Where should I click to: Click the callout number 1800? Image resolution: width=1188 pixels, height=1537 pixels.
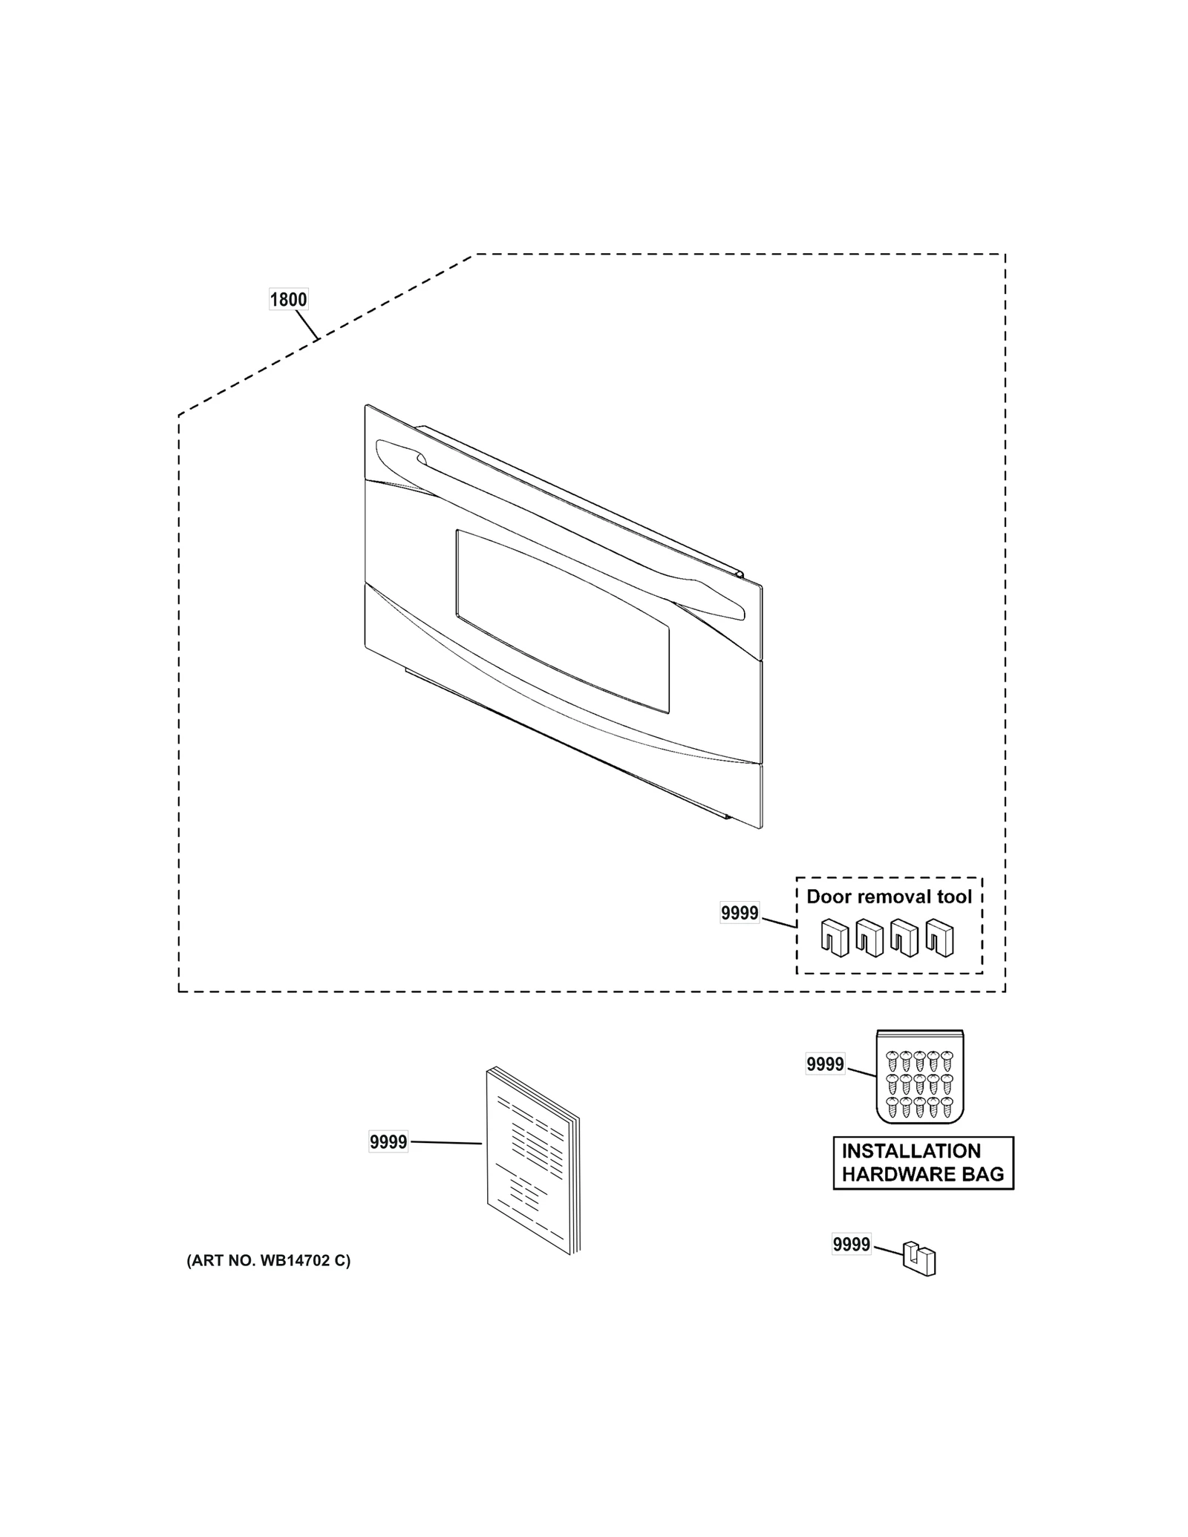click(x=288, y=300)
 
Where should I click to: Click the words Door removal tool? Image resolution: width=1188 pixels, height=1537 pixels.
click(x=889, y=897)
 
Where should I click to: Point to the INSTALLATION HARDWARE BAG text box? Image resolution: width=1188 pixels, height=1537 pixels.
click(x=923, y=1163)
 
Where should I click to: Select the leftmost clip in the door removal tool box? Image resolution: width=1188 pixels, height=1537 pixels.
click(x=835, y=938)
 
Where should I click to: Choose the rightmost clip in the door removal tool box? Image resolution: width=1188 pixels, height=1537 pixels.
click(x=940, y=938)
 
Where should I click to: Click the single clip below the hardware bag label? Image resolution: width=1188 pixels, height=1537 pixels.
click(x=919, y=1259)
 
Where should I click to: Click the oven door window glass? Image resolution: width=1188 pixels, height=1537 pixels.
click(x=562, y=621)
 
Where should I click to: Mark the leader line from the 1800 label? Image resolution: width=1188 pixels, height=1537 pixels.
click(x=307, y=325)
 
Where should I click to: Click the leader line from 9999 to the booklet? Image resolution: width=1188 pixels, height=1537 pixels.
click(x=446, y=1143)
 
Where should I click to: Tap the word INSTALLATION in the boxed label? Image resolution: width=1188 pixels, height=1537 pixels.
click(x=911, y=1151)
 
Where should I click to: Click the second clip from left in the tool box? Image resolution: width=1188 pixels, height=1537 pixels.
click(x=869, y=938)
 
